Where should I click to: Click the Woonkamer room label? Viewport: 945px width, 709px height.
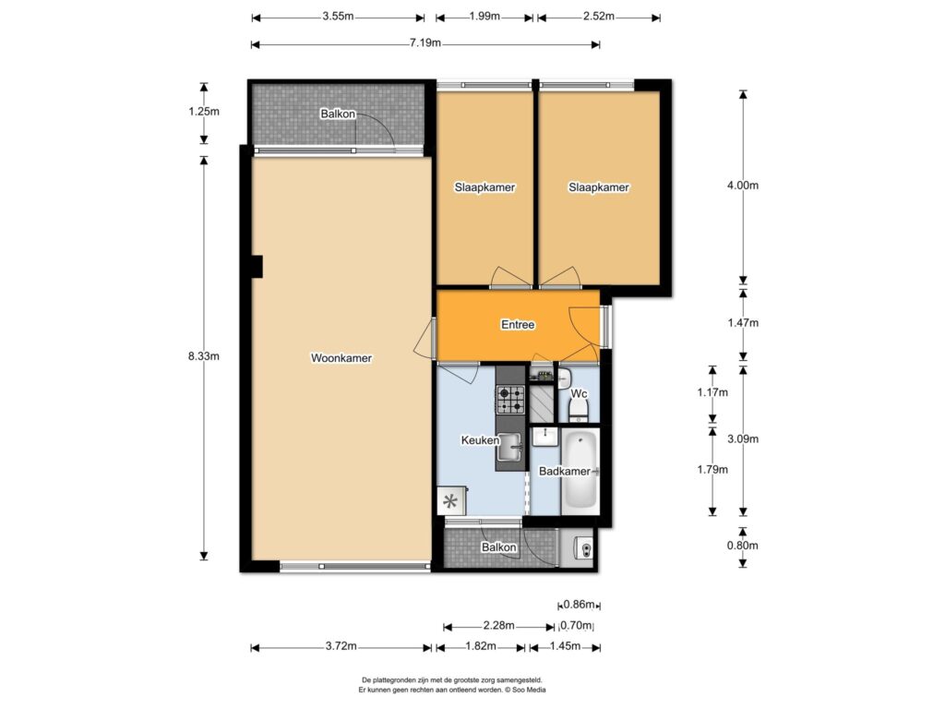coord(341,358)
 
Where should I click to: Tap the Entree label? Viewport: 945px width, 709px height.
coord(518,325)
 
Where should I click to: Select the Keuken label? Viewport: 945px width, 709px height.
coord(480,440)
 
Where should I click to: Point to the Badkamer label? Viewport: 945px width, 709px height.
coord(565,472)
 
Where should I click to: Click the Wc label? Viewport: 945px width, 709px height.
coord(579,393)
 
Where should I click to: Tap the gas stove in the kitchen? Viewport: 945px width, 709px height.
coord(510,401)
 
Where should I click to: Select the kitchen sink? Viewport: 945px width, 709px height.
coord(510,447)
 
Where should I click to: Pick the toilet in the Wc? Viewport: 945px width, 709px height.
coord(580,410)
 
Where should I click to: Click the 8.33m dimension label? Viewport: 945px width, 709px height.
coord(204,356)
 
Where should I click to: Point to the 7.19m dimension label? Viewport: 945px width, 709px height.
coord(425,42)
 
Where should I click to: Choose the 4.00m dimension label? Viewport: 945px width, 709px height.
coord(743,186)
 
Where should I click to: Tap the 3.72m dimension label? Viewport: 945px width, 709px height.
coord(341,646)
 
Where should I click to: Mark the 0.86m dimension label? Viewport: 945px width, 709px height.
coord(580,605)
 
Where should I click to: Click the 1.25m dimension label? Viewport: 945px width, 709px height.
coord(204,112)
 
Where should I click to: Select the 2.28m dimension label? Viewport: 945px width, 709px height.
coord(499,625)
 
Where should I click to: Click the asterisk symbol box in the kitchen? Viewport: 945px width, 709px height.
coord(450,501)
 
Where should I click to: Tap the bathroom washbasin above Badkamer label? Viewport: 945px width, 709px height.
coord(546,436)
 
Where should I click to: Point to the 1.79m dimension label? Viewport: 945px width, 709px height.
coord(712,470)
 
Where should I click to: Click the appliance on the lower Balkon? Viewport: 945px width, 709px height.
coord(584,548)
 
